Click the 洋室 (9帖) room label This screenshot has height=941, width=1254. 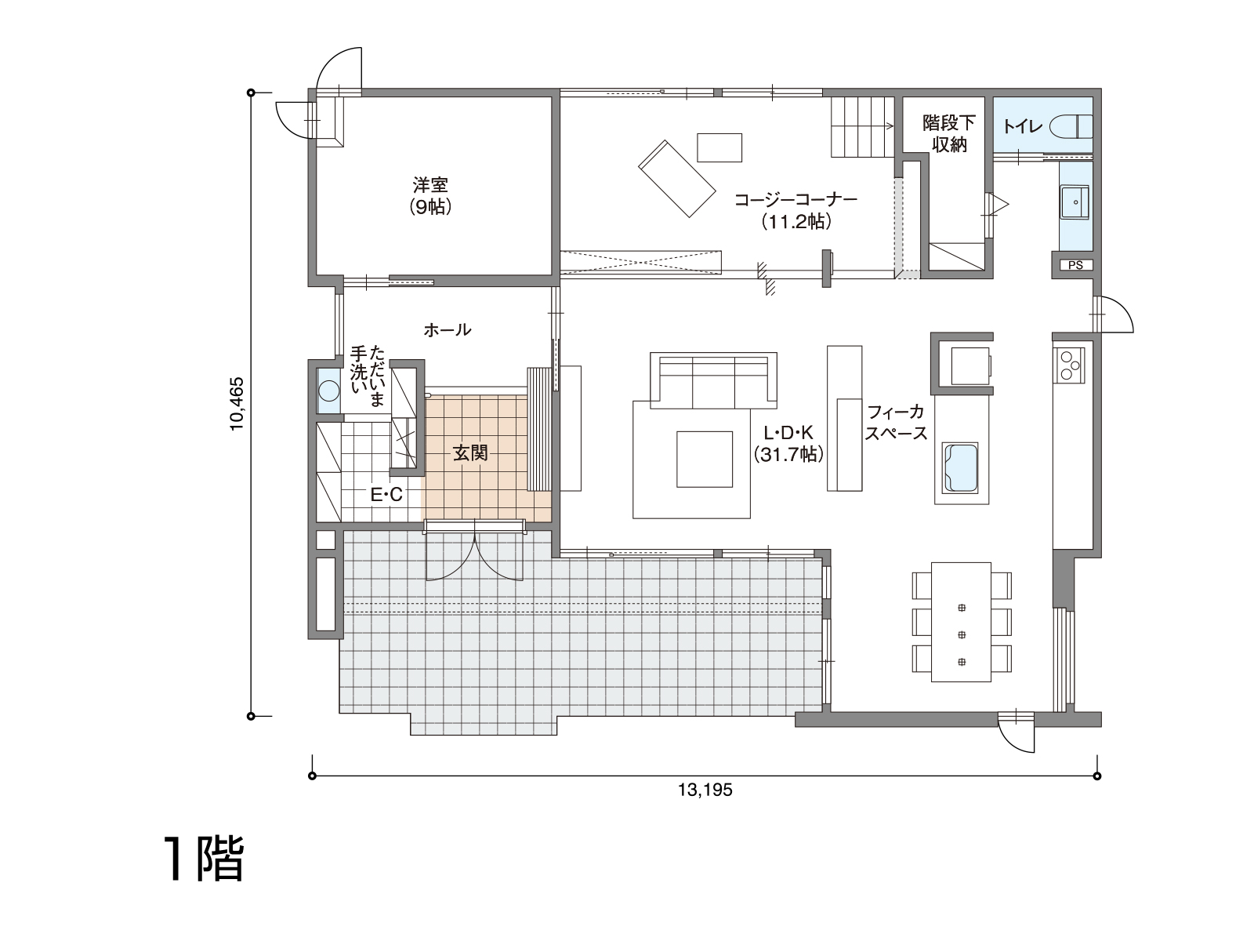tap(430, 195)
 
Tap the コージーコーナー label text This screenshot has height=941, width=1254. tap(796, 200)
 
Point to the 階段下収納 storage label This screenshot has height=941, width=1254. tap(949, 133)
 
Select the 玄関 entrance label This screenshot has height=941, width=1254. tap(471, 453)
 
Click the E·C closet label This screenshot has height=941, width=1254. tap(386, 495)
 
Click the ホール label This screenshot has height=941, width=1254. tap(448, 329)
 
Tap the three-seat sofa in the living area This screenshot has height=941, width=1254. tap(713, 380)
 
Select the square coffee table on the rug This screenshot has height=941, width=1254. tap(705, 460)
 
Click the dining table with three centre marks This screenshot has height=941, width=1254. tap(961, 622)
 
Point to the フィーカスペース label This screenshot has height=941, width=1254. tap(896, 422)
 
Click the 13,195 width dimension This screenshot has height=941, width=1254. tap(705, 790)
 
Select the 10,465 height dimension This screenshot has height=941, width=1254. tap(237, 404)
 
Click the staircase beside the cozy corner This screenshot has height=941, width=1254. tap(862, 127)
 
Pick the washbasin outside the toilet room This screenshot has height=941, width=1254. tap(1075, 202)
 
